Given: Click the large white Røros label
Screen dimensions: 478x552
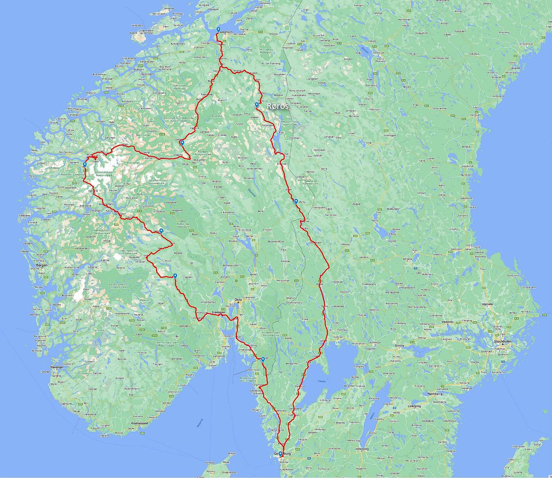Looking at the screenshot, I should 278,106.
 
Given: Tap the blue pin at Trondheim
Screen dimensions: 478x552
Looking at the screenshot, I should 218,30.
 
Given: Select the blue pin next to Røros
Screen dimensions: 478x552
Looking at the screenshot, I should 257,105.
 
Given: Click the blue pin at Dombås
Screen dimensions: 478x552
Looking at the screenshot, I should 182,143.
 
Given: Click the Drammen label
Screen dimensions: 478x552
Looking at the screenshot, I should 219,312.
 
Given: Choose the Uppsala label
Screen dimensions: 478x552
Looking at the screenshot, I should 500,305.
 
